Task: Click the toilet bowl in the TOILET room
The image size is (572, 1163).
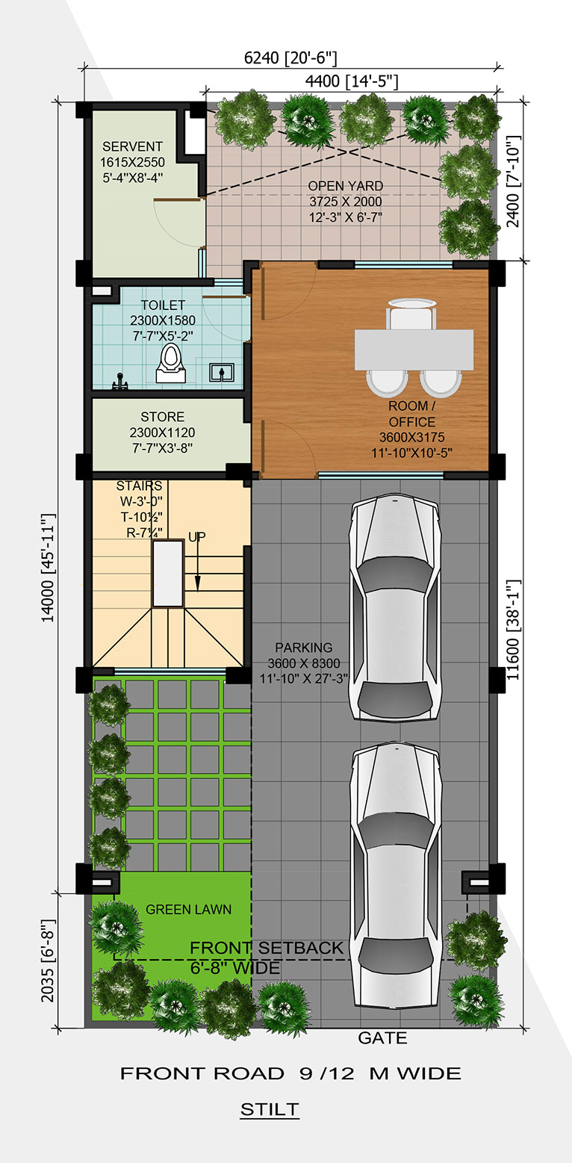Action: pos(171,363)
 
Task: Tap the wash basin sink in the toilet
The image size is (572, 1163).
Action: pos(222,372)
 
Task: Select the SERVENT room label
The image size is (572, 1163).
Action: pos(132,146)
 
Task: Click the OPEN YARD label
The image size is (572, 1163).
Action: pos(346,185)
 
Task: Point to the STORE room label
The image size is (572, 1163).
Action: pos(163,416)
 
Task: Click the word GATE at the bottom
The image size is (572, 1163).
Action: pos(382,1038)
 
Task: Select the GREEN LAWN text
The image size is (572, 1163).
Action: pos(188,909)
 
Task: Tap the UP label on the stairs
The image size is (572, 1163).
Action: pos(196,536)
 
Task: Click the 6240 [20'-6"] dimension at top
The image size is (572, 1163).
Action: pos(290,58)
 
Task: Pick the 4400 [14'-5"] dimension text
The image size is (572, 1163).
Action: pos(352,81)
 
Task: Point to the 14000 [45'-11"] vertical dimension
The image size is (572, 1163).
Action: pos(48,568)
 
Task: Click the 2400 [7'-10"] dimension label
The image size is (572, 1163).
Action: pos(513,182)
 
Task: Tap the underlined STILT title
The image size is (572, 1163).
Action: pos(270,1109)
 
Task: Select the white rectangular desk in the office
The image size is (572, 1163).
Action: pos(414,350)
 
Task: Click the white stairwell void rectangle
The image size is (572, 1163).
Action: pos(168,573)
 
